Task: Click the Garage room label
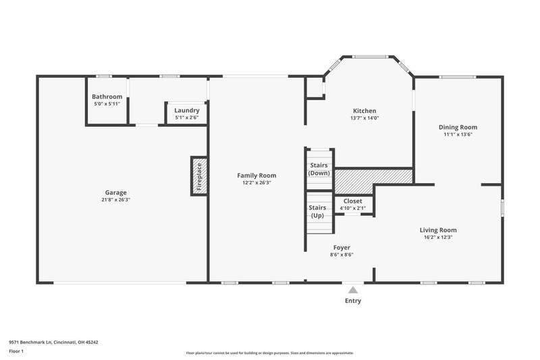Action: coord(115,192)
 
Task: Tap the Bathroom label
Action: coord(107,97)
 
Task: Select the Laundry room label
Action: coord(187,110)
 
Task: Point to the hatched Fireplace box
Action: coord(199,176)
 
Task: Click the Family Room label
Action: coord(256,176)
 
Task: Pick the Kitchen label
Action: coord(364,111)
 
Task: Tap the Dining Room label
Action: coord(458,127)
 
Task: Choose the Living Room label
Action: coord(438,230)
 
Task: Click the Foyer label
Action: coord(342,248)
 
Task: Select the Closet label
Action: coord(352,201)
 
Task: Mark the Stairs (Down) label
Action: coord(319,169)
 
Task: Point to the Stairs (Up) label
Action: coord(317,211)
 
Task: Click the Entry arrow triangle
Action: coord(353,290)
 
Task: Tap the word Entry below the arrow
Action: coord(353,301)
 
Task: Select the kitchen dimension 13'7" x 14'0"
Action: coord(364,118)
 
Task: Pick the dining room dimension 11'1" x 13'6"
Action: coord(458,134)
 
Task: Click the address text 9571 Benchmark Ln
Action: coord(30,342)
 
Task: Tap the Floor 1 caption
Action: coord(16,351)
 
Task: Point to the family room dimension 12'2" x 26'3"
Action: coord(256,182)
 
